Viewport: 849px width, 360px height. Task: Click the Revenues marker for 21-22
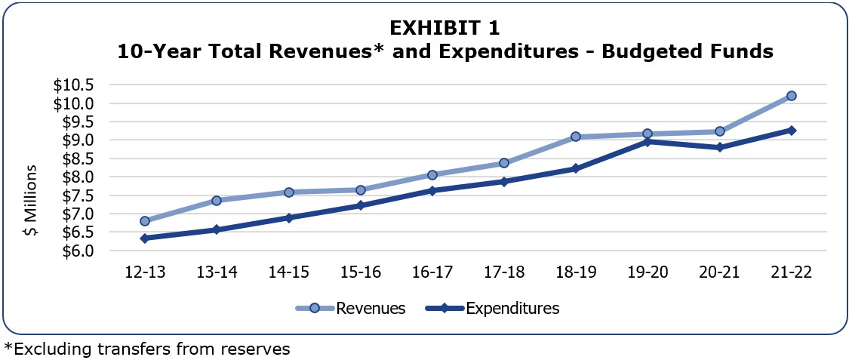[791, 96]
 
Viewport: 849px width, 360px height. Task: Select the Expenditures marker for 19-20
[648, 141]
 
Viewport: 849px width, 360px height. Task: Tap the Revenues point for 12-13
[145, 221]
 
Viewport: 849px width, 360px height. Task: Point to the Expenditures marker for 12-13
[145, 238]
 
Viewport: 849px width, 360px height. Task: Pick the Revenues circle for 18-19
[576, 137]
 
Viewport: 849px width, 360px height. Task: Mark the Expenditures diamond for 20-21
[719, 147]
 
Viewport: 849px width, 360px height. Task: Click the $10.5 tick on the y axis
[74, 85]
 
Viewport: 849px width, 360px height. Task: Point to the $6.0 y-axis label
[74, 251]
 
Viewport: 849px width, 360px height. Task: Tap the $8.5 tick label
[74, 158]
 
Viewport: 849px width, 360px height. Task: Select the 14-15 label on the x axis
[288, 272]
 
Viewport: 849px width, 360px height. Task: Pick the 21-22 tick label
[791, 272]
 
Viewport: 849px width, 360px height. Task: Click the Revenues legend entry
[371, 308]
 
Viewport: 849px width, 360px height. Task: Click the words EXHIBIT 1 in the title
[444, 28]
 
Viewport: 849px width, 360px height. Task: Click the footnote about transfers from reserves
[147, 349]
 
